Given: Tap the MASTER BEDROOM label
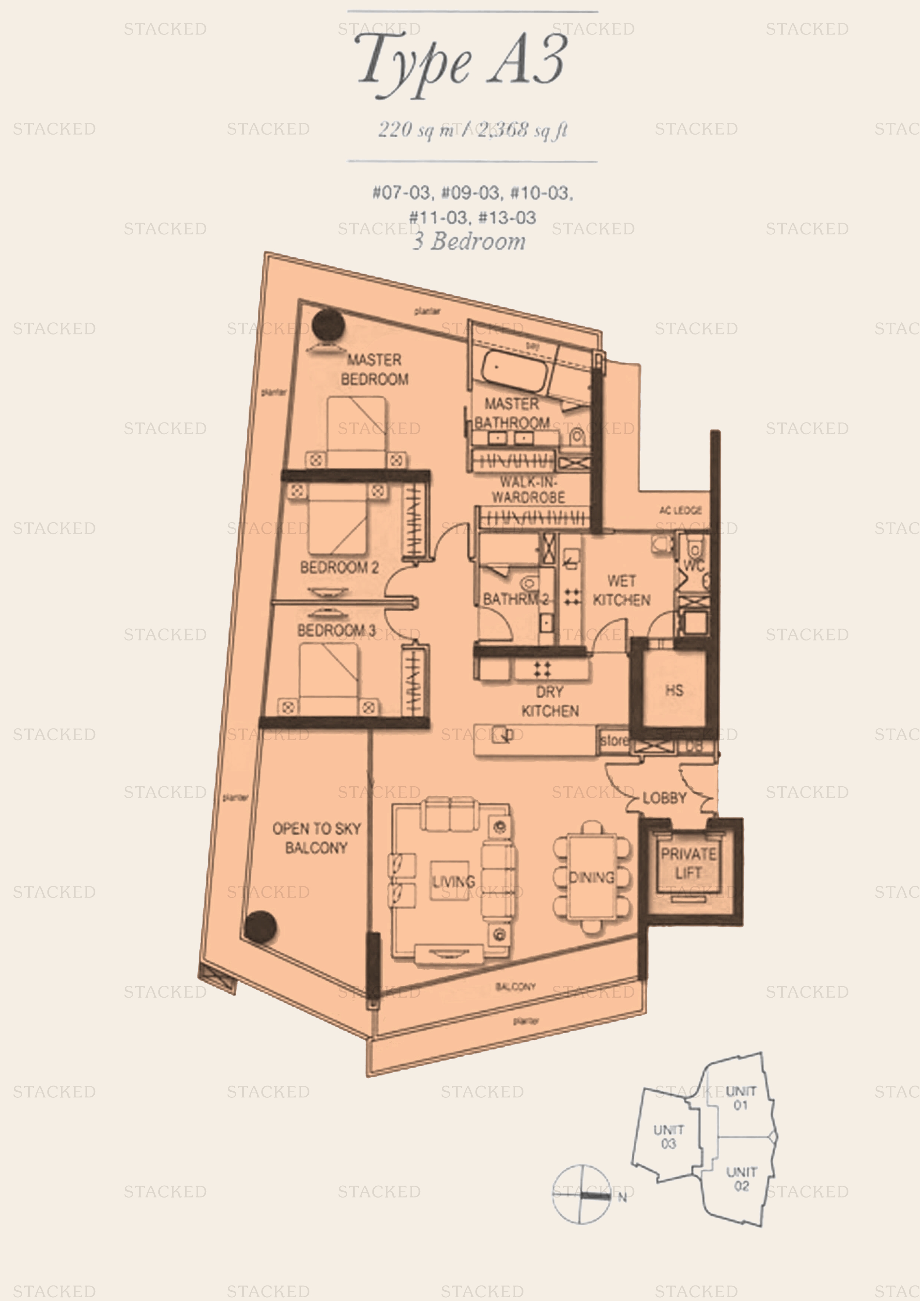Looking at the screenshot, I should [x=374, y=369].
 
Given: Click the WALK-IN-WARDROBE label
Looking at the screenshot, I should [x=528, y=490].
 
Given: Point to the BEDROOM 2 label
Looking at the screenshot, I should [x=339, y=567].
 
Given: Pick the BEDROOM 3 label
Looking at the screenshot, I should [x=336, y=630].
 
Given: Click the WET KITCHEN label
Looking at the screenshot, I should [x=621, y=590].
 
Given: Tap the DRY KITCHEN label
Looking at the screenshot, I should [x=550, y=702].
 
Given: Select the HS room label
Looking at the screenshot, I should [x=674, y=690].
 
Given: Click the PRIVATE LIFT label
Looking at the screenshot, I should [x=688, y=863].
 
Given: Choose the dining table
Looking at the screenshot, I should [x=592, y=877].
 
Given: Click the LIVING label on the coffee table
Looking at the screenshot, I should [x=453, y=882].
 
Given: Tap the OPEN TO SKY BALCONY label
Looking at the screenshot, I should [x=316, y=838].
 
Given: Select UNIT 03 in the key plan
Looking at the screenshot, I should [x=668, y=1137].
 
